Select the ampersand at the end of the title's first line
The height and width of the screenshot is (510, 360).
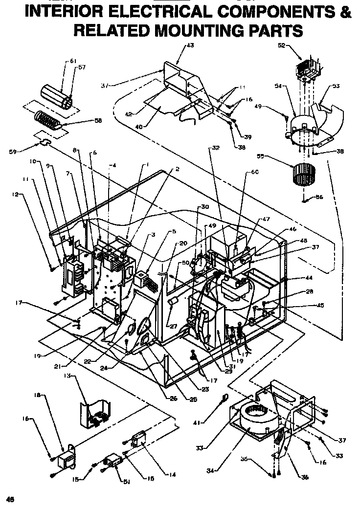click(346, 11)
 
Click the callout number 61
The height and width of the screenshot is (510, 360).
click(73, 61)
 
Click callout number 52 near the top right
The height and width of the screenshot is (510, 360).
click(281, 45)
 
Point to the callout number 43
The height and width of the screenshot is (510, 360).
click(190, 45)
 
